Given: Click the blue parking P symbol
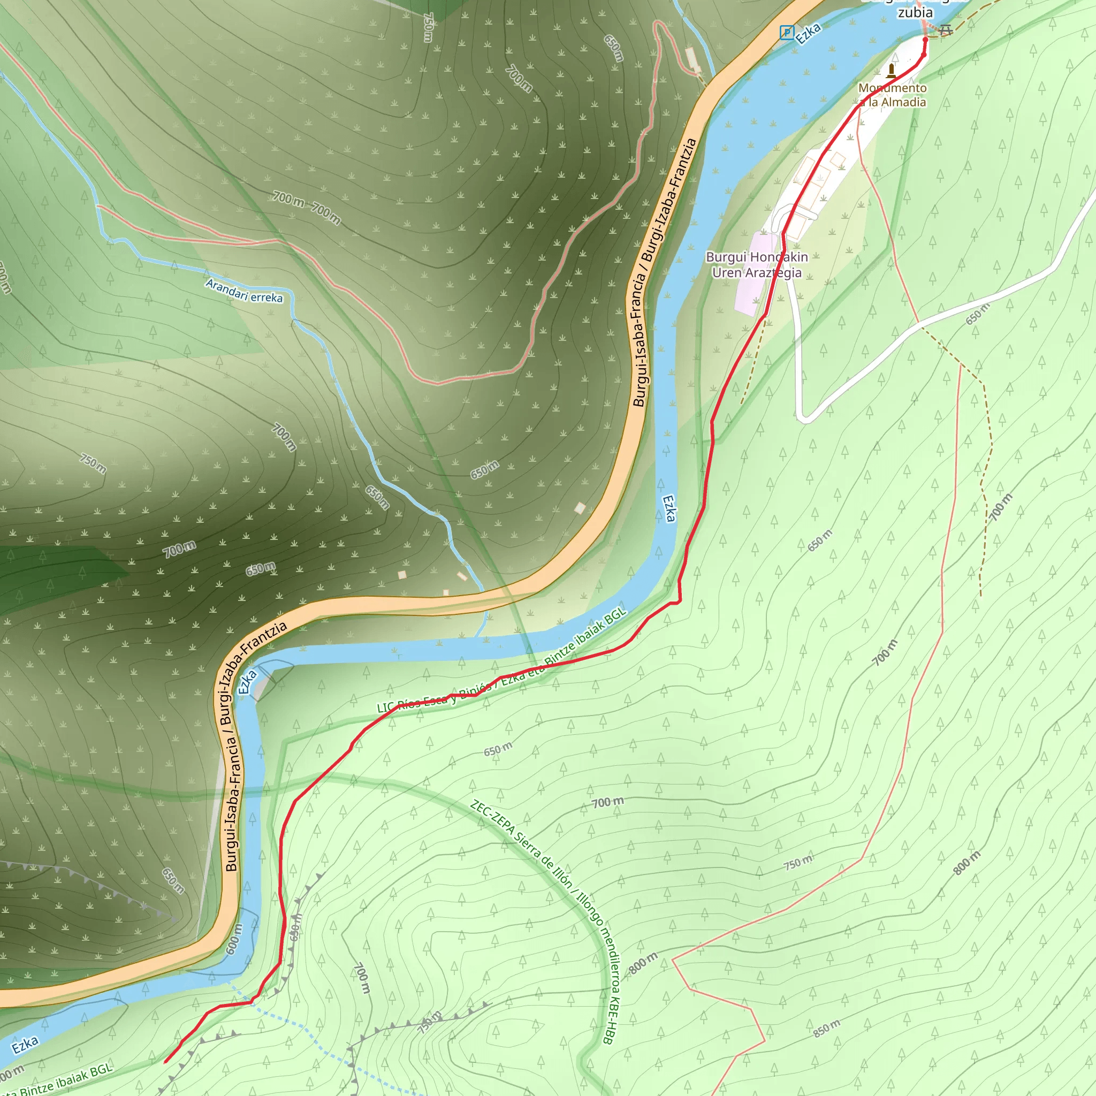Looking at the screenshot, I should pyautogui.click(x=787, y=32).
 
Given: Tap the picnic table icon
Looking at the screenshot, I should pyautogui.click(x=946, y=29).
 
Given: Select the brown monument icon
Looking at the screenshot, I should pyautogui.click(x=892, y=70).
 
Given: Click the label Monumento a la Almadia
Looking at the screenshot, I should pyautogui.click(x=892, y=95).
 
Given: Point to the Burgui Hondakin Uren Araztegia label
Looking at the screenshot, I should pyautogui.click(x=757, y=265).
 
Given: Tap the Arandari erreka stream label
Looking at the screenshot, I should pyautogui.click(x=244, y=291).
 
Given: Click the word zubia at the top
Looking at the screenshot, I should pyautogui.click(x=915, y=12).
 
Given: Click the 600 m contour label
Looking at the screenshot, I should pyautogui.click(x=234, y=939).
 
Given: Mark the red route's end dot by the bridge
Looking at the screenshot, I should pyautogui.click(x=925, y=39).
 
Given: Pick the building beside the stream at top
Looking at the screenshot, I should pyautogui.click(x=691, y=58).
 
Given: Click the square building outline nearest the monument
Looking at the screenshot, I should pyautogui.click(x=838, y=161).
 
